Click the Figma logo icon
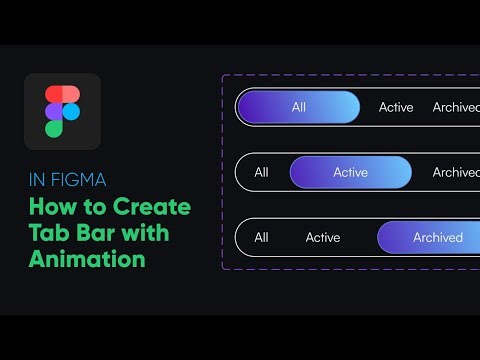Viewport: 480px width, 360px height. coord(62,111)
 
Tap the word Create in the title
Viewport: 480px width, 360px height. coord(156,208)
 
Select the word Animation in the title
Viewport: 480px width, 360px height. coord(87,259)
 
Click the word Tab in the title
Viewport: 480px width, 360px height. coord(49,234)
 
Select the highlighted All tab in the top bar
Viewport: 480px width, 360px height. coord(298,107)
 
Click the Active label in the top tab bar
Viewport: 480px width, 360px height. coord(396,107)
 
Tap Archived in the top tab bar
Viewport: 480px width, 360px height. coord(456,107)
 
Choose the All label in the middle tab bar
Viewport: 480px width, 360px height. coord(261,172)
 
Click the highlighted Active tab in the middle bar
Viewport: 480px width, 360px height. coord(350,172)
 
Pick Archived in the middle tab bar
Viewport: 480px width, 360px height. coord(456,172)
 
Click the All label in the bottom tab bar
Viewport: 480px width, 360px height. coord(261,237)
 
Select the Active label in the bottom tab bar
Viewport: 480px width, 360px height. coord(323,237)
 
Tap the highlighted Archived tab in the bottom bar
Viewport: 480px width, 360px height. coord(438,237)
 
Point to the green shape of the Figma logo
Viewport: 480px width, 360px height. coord(54,127)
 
